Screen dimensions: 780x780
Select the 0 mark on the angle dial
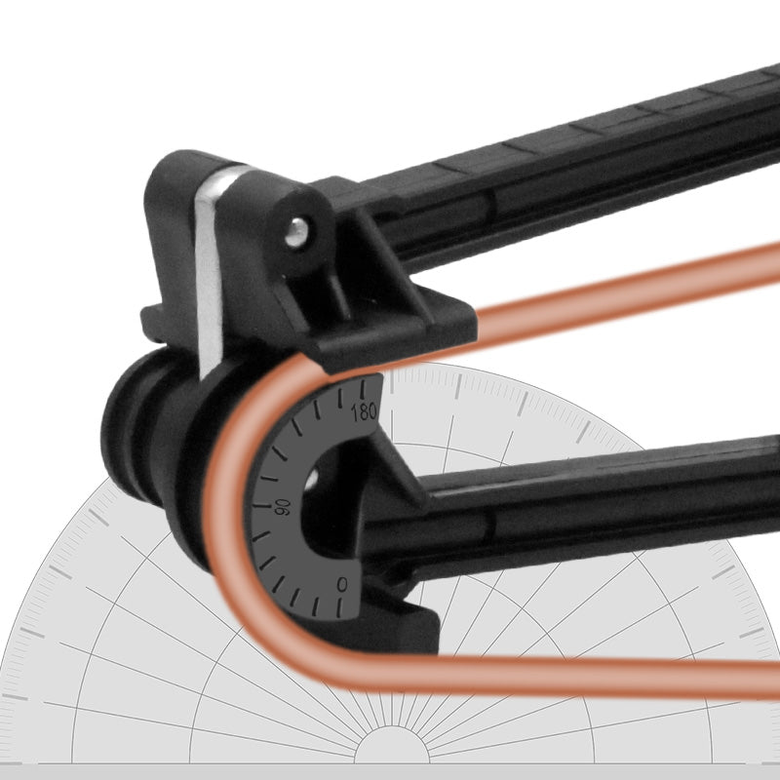tap(340, 583)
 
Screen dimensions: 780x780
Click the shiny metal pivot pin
tap(298, 231)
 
